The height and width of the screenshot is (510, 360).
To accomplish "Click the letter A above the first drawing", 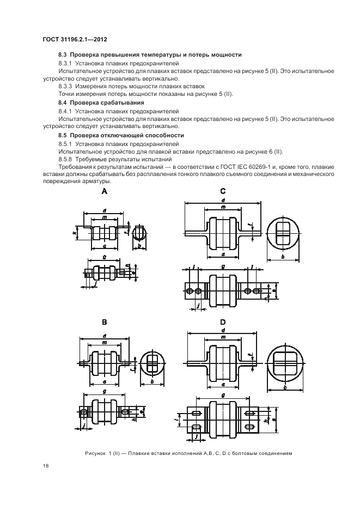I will click(105, 191).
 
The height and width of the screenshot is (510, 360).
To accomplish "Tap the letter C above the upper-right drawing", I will click(223, 191).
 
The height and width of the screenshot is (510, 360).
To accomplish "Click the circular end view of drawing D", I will click(285, 363).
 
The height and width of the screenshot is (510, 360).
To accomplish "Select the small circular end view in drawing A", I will click(140, 232).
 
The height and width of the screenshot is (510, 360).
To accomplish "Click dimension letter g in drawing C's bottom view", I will click(223, 266).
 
